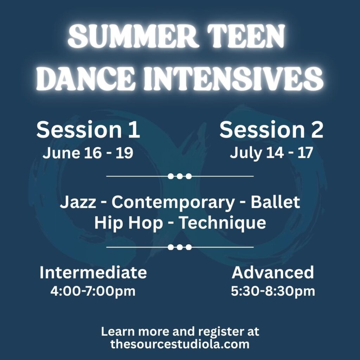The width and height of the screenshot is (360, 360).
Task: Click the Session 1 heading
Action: (x=88, y=130)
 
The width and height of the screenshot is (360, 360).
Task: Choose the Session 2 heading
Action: (x=271, y=130)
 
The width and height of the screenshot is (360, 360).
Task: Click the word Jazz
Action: (x=78, y=202)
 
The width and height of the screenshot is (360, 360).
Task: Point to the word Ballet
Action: (x=275, y=202)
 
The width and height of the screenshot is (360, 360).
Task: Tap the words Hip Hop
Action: (x=129, y=223)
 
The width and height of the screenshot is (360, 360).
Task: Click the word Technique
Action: (x=222, y=223)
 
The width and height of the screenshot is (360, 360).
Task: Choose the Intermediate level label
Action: (x=93, y=272)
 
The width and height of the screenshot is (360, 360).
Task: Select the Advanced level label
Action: (x=273, y=272)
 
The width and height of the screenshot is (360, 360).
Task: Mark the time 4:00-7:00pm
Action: (x=93, y=291)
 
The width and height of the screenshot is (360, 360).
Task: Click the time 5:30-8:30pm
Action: (x=273, y=291)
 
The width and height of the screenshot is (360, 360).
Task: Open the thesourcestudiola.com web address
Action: (x=180, y=344)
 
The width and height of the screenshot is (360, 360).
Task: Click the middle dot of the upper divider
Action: (x=180, y=176)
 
